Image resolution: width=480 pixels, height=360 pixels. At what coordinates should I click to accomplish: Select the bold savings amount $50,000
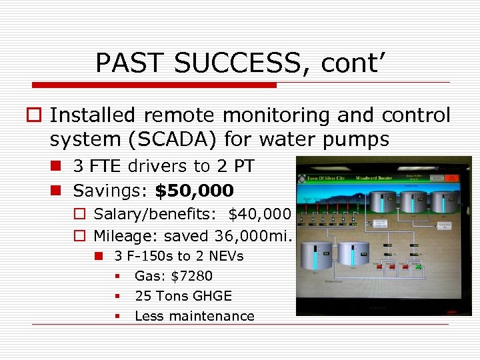click(x=194, y=191)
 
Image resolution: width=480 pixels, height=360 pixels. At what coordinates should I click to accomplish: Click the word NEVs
click(x=225, y=256)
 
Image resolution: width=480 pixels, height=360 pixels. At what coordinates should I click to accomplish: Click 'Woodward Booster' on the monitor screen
click(x=379, y=178)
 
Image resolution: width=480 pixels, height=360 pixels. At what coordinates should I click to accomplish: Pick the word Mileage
click(x=117, y=236)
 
